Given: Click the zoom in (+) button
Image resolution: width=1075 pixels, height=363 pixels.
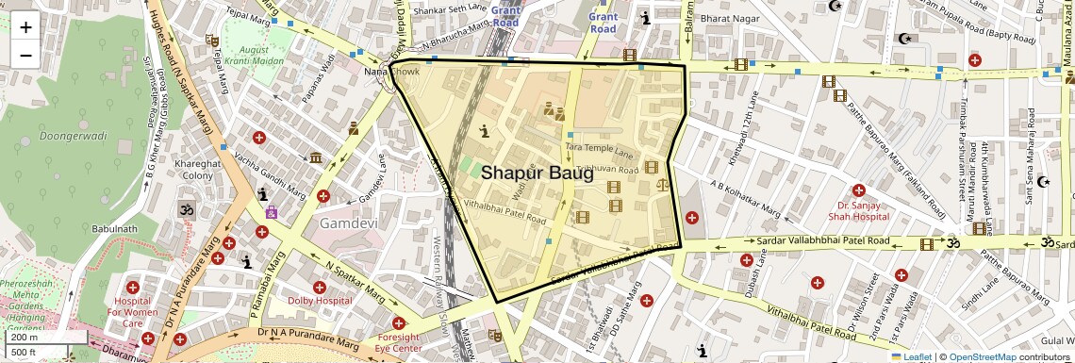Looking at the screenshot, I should click(25, 27).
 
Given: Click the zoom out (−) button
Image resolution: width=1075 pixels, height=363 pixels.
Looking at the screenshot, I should click(25, 55).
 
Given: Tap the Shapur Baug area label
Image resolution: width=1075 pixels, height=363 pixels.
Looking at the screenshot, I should click(537, 173).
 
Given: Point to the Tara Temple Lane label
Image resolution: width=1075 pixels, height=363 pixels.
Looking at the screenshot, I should click(599, 148).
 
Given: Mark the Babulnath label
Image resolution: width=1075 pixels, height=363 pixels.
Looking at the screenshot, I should click(115, 229).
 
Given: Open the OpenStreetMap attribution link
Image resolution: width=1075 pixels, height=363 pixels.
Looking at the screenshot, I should click(982, 356).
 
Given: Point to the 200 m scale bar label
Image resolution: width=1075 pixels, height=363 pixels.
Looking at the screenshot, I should click(25, 338).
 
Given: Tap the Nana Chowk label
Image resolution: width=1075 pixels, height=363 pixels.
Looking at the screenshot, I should click(390, 72).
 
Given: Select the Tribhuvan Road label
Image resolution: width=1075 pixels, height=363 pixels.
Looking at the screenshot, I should click(603, 169).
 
